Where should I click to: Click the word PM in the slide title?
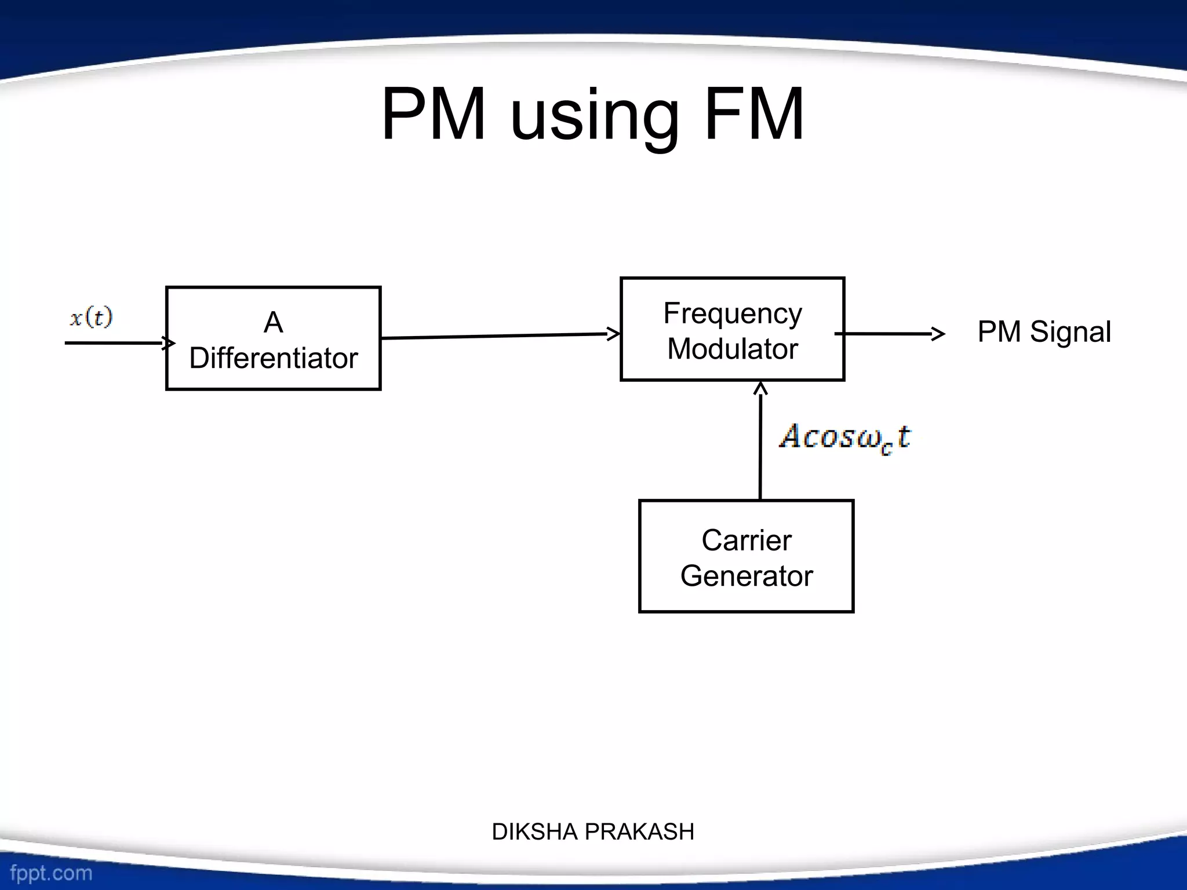point(434,114)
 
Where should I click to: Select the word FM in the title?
point(754,114)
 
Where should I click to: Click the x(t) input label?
point(91,318)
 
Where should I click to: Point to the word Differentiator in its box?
point(273,358)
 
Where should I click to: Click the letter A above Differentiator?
point(273,322)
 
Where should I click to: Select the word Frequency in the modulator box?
point(733,315)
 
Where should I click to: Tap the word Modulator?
point(733,349)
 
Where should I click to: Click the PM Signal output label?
point(1044,332)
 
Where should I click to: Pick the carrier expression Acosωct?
point(845,437)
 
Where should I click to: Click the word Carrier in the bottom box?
point(747,541)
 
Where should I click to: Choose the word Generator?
point(747,576)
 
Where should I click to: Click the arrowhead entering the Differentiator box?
point(169,343)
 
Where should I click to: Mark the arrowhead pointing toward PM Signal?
point(939,334)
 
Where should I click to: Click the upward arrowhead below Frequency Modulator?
point(760,388)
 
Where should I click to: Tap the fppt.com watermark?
point(51,873)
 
